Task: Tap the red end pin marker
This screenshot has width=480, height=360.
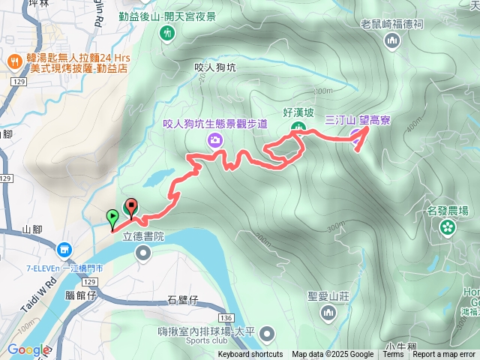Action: [132, 206]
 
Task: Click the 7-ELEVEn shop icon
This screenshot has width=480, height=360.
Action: [64, 249]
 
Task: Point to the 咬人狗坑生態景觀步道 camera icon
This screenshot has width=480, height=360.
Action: [216, 139]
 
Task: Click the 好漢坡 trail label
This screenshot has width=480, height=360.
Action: [298, 112]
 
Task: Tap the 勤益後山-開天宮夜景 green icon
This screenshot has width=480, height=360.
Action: [166, 33]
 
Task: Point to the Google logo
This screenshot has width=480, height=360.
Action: [28, 349]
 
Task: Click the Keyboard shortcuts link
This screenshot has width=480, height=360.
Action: [250, 355]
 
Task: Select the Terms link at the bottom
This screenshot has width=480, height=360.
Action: [393, 355]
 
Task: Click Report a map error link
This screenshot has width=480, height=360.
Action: [444, 355]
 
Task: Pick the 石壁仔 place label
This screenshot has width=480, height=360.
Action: [182, 301]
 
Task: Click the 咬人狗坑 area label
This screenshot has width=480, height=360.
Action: [214, 67]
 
